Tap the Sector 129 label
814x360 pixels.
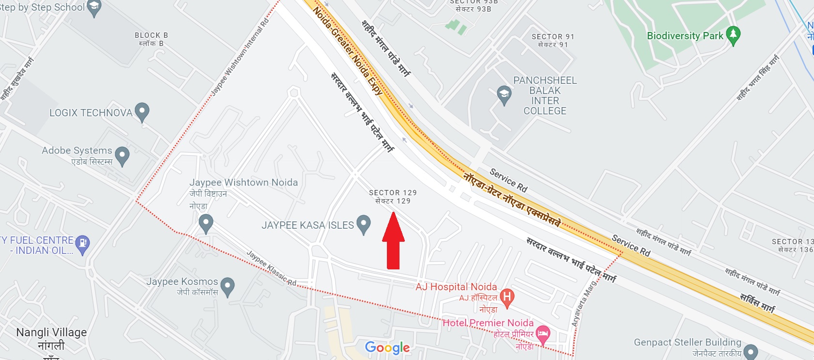pos(393,197)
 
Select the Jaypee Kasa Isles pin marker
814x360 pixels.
pos(363,224)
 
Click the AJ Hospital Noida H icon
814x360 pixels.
pos(507,297)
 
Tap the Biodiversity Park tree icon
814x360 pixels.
pos(733,35)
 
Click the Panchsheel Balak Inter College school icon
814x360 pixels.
pos(504,94)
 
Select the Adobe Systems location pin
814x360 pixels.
pos(122,156)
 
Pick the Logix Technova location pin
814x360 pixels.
pos(142,111)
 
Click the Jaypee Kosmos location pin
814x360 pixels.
pos(227,286)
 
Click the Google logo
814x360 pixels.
pos(387,347)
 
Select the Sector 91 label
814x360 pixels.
pos(553,40)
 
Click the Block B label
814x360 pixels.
pos(151,39)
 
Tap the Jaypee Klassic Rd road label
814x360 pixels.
pos(271,268)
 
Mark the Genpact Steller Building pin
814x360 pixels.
pos(750,351)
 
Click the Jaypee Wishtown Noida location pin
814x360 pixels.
pos(206,224)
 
